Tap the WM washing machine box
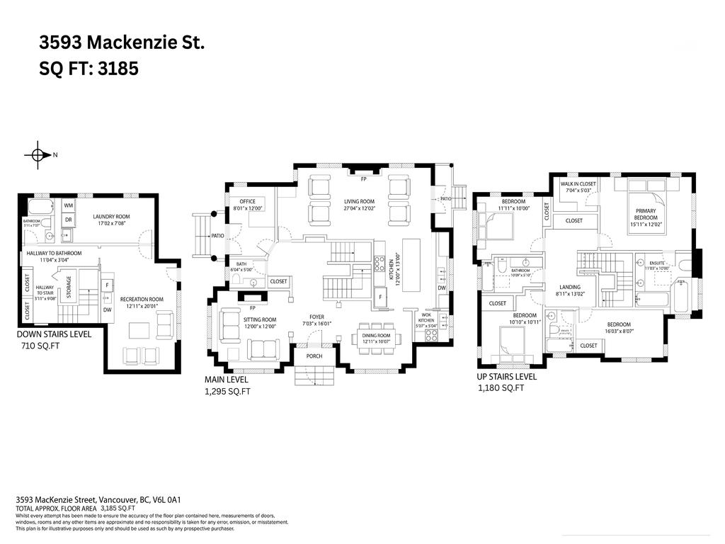coord(69,205)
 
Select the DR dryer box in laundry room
coord(69,220)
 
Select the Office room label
coord(248,205)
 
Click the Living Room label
coord(359,204)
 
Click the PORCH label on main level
coord(314,356)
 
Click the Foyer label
coord(316,320)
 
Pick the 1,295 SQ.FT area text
coord(228,391)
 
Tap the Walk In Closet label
coord(578,187)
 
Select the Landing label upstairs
coord(569,290)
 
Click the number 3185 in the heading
coord(120,69)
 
